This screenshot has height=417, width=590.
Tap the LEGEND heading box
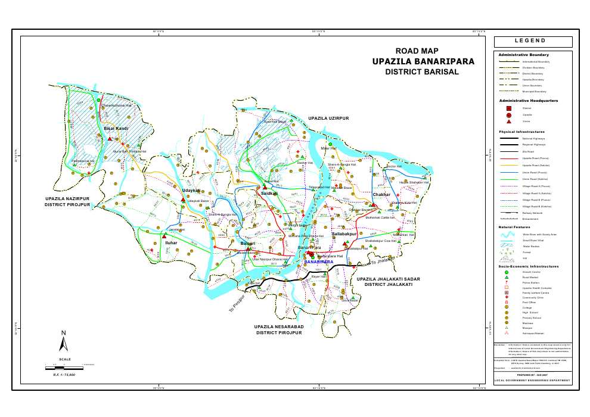[x=533, y=42]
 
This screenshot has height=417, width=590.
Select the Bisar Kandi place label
[x=116, y=128]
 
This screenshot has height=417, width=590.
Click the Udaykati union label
[x=191, y=191]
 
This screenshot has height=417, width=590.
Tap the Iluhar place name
[x=171, y=244]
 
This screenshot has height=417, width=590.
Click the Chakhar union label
[x=381, y=195]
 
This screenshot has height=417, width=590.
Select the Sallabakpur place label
[x=344, y=235]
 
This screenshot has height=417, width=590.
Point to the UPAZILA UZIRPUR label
[x=328, y=119]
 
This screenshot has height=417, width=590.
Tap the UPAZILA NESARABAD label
[x=280, y=327]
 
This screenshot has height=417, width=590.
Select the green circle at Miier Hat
[x=330, y=144]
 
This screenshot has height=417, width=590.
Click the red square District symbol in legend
[x=508, y=108]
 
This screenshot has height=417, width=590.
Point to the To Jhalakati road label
[x=383, y=260]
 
